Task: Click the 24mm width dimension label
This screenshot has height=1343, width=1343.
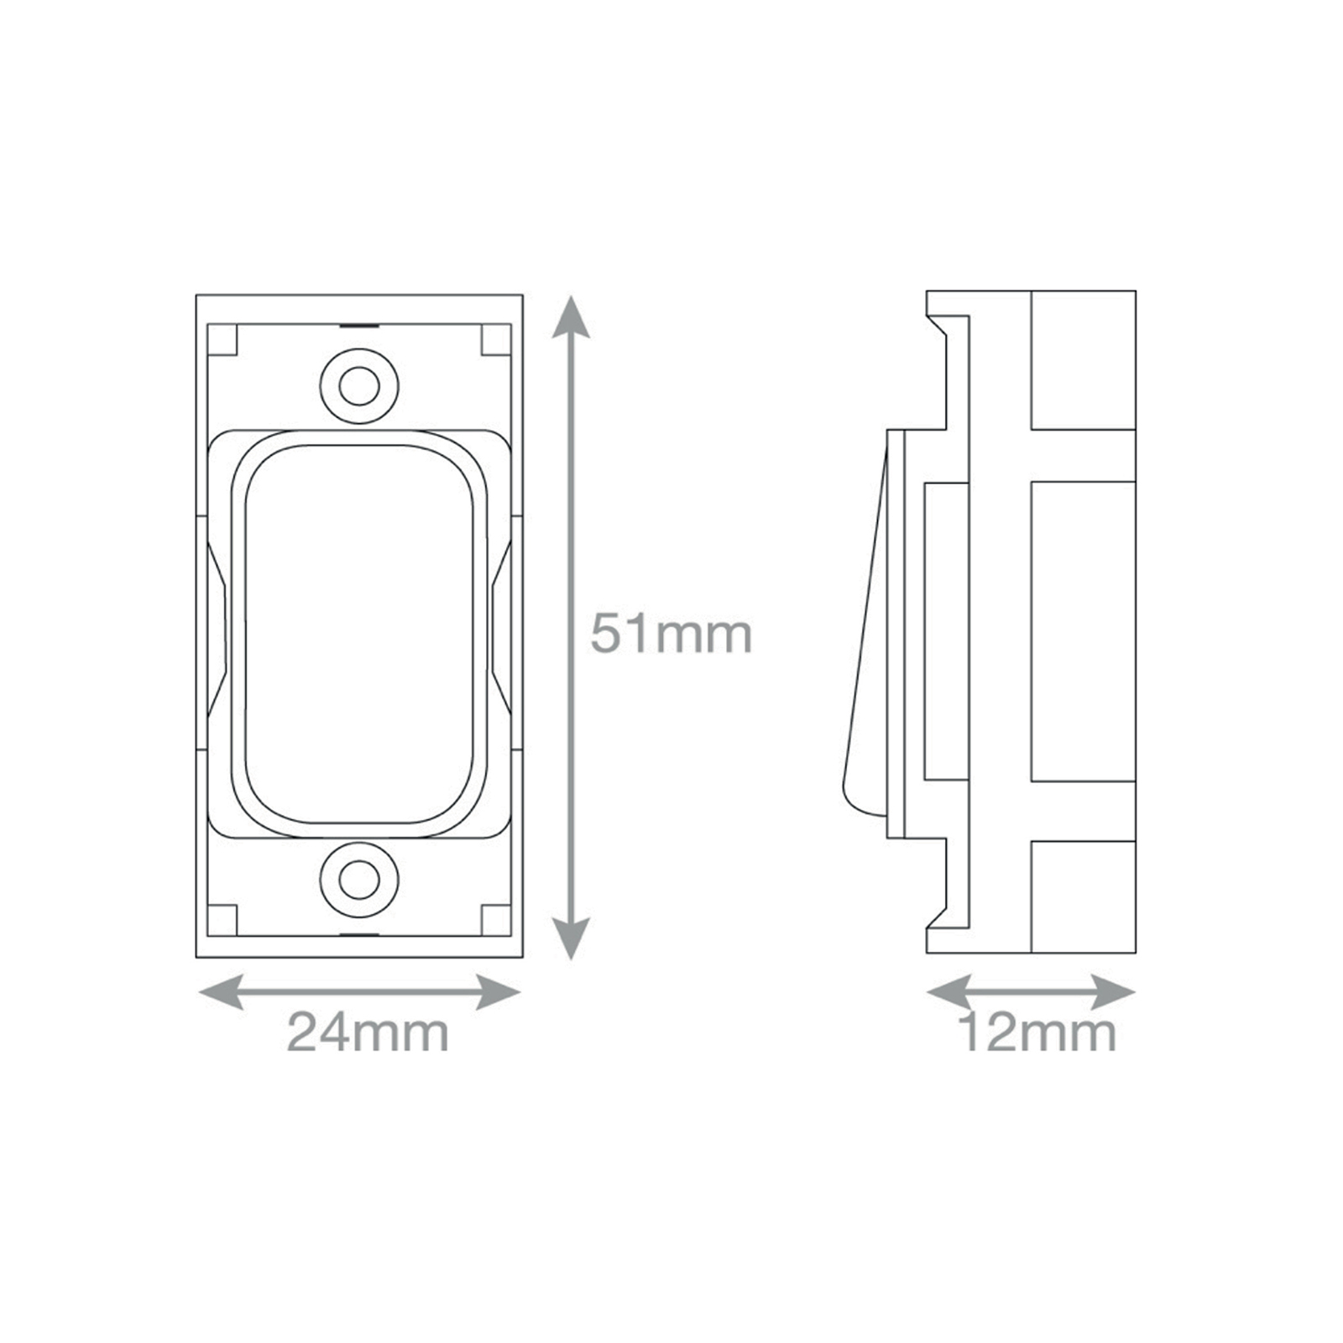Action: click(368, 1032)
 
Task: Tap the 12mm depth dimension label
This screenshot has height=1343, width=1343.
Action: click(1037, 1032)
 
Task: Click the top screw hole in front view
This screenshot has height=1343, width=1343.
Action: click(359, 386)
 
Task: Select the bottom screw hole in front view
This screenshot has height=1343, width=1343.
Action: click(359, 879)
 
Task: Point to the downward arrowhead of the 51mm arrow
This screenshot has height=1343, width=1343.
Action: click(571, 938)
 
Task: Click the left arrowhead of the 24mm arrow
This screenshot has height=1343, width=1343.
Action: click(221, 992)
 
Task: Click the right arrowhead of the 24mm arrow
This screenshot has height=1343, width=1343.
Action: click(499, 992)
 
